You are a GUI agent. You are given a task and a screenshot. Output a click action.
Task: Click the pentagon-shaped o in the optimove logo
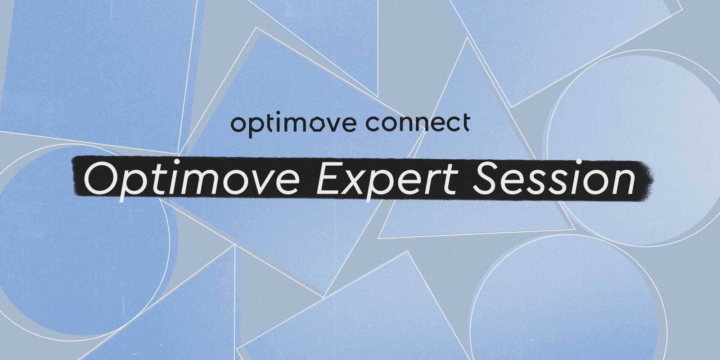click(323, 124)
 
